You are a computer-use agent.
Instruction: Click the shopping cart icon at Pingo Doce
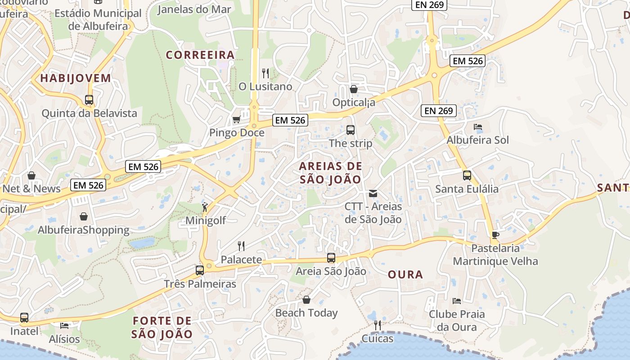236,120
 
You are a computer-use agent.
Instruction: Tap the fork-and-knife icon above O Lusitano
265,73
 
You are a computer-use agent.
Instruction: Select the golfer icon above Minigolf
205,207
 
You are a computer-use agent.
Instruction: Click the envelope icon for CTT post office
373,193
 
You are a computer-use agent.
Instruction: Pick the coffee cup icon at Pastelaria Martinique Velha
495,234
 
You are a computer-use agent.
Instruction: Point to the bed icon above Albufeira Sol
478,127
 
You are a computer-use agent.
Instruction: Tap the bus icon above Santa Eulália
467,175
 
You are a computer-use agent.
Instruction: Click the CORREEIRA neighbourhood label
200,55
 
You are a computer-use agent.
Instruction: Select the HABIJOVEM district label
76,78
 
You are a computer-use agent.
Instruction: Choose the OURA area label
405,274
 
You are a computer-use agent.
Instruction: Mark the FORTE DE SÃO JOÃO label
162,328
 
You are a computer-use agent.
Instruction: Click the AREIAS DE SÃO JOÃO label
331,173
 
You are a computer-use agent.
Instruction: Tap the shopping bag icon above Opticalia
354,89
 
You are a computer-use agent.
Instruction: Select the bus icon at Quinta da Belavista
89,100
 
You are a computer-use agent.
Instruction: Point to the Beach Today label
306,313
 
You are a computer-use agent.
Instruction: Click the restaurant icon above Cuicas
378,325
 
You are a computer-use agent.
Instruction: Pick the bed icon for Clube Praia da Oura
457,301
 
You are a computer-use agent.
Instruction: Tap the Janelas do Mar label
195,9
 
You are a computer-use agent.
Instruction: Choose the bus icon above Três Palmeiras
200,270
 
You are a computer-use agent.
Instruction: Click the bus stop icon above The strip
351,130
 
